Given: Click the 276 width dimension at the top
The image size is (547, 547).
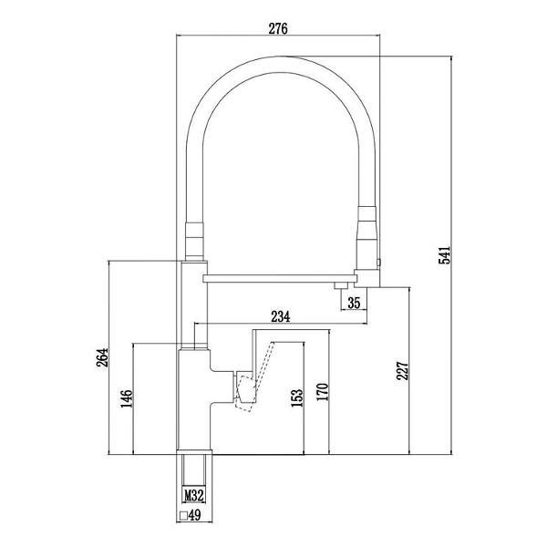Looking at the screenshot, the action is coord(278,28).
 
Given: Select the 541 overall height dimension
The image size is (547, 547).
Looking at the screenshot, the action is coord(445,255).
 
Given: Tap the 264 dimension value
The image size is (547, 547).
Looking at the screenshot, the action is coord(102,357).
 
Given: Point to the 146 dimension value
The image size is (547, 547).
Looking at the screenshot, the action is coord(127,398).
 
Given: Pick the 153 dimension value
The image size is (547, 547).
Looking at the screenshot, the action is coord(297,398).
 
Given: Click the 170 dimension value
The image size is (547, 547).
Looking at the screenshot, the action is coord(323,392).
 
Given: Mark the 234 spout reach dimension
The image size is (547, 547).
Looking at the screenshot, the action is coord(281,316).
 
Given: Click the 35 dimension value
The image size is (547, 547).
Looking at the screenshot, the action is coord(354,303).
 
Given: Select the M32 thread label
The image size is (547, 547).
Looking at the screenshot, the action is coord(193,495).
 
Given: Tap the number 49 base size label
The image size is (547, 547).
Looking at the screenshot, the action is coord(195,515).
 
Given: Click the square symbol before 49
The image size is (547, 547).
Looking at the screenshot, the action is coord(184,515).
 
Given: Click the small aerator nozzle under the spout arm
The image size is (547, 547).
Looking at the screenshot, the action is coord(341,285).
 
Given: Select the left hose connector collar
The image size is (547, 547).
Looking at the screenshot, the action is coord(194,241).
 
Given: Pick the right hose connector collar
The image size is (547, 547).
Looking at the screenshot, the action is coord(367,238).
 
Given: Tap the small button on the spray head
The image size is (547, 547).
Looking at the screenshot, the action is coord(379,262).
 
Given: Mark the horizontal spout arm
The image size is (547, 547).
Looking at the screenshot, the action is coord(280,278).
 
